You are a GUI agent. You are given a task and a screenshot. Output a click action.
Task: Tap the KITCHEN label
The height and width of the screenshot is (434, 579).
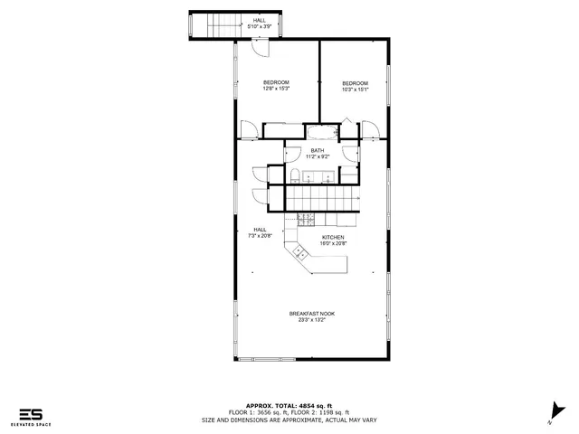pyautogui.click(x=333, y=237)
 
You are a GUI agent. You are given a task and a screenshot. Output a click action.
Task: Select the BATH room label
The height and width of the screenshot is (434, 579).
pyautogui.click(x=317, y=150)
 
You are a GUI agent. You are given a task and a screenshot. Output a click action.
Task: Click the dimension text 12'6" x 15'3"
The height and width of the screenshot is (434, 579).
pyautogui.click(x=276, y=89)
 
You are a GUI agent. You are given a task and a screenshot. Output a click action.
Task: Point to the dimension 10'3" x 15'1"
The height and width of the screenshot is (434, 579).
pyautogui.click(x=354, y=89)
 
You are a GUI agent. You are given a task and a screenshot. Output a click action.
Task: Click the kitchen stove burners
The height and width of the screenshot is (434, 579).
pyautogui.click(x=306, y=218)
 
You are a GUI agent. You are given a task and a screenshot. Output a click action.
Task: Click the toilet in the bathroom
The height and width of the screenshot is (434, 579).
pyautogui.click(x=296, y=175)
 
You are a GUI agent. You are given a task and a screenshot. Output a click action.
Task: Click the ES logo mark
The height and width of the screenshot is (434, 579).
pyautogui.click(x=31, y=414)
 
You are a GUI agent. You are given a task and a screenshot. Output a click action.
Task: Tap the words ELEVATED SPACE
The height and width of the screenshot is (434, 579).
pyautogui.click(x=31, y=425)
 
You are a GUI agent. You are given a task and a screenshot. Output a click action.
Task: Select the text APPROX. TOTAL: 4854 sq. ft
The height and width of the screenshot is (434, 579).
pyautogui.click(x=291, y=406)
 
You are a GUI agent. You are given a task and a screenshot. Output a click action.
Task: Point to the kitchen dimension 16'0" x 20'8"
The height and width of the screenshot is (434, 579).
pyautogui.click(x=333, y=243)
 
